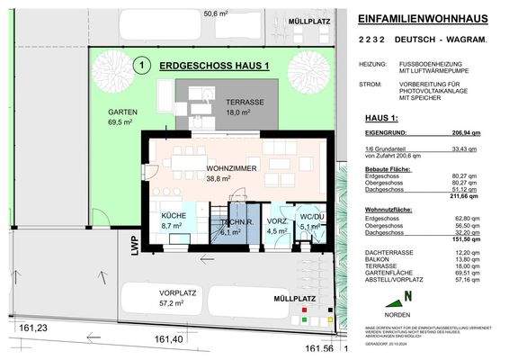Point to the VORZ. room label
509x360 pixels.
pos(277,220)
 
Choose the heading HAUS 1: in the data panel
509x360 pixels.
pos(374,117)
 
